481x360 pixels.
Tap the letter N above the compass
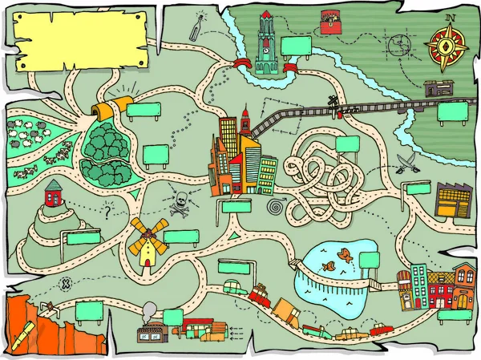tap(451, 17)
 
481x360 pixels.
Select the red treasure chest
tap(329, 22)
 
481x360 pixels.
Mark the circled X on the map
tap(67, 283)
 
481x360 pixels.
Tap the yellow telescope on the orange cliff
tap(24, 330)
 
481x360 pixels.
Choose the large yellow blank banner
tap(80, 41)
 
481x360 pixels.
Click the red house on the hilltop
tap(54, 193)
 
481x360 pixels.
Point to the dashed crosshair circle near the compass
tap(398, 46)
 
